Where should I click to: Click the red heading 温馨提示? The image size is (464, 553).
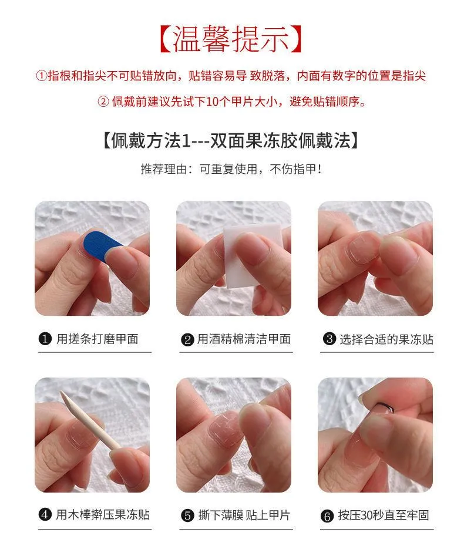[x=231, y=39]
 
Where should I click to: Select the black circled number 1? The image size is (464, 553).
[x=45, y=339]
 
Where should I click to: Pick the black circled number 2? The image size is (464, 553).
[x=187, y=340]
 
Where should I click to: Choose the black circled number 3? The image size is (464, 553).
[x=329, y=339]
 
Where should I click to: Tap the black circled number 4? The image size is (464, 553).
[x=45, y=515]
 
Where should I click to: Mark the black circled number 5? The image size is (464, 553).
[x=187, y=515]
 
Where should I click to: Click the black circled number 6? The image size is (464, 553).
[x=327, y=517]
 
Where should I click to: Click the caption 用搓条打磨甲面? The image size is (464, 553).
[x=97, y=339]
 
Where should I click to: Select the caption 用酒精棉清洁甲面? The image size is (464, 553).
[x=244, y=339]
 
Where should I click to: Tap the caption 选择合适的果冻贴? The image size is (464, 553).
[x=386, y=339]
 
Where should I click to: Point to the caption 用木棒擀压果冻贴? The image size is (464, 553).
[x=103, y=515]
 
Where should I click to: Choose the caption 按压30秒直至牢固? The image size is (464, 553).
[x=384, y=515]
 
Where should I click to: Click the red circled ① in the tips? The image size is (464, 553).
[x=42, y=76]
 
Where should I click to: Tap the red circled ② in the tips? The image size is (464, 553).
[x=103, y=102]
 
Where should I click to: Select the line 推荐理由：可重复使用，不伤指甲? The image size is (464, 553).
[x=231, y=169]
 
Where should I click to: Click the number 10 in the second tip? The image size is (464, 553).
[x=213, y=102]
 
